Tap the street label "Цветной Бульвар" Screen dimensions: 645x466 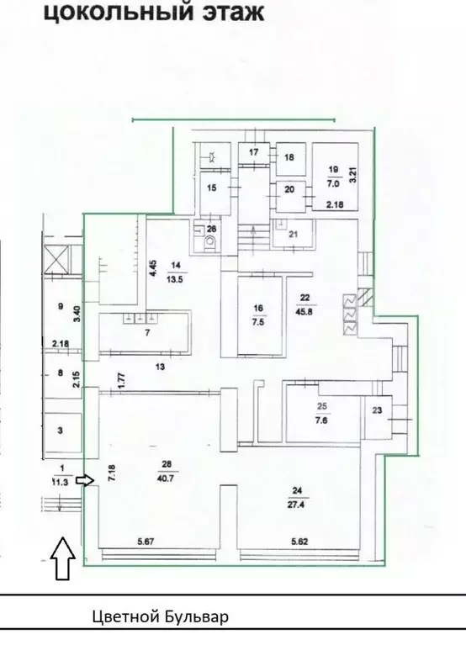[x=160, y=617]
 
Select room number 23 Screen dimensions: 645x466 [x=376, y=410]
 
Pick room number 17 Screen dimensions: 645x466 [x=252, y=152]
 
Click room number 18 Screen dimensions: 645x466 [x=289, y=157]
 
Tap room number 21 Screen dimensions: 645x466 [x=294, y=234]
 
